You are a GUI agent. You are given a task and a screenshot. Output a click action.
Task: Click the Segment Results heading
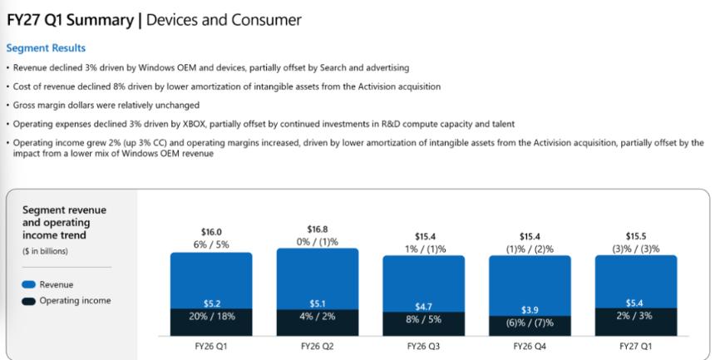pyautogui.click(x=46, y=48)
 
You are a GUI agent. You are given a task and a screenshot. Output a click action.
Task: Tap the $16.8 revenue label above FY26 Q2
pyautogui.click(x=318, y=229)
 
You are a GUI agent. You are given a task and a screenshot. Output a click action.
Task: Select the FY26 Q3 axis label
pyautogui.click(x=423, y=347)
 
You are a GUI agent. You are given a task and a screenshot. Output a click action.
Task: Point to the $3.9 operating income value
pyautogui.click(x=530, y=310)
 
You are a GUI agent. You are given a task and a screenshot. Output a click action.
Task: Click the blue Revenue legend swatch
pyautogui.click(x=28, y=284)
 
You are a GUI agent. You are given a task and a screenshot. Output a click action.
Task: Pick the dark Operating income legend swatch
pyautogui.click(x=28, y=301)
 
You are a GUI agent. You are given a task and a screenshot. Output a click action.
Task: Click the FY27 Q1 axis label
pyautogui.click(x=635, y=347)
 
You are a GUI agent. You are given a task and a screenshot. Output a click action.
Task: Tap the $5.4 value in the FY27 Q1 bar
pyautogui.click(x=634, y=303)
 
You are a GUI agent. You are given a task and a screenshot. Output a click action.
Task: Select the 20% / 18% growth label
pyautogui.click(x=211, y=316)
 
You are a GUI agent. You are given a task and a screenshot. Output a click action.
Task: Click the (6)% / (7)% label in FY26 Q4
pyautogui.click(x=530, y=323)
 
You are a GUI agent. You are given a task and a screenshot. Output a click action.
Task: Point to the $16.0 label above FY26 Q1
pyautogui.click(x=211, y=232)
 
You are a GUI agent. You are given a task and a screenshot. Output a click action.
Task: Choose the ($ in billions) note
pyautogui.click(x=45, y=251)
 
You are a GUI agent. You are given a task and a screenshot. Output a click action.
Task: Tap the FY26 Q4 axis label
pyautogui.click(x=530, y=347)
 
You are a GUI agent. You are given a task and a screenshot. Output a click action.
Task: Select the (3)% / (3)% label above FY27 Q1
pyautogui.click(x=636, y=249)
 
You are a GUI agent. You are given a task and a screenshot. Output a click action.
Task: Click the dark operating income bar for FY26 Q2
pyautogui.click(x=318, y=323)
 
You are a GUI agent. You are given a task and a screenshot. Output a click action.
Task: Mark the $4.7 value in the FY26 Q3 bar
pyautogui.click(x=423, y=307)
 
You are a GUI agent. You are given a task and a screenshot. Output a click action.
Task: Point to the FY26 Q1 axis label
pyautogui.click(x=210, y=347)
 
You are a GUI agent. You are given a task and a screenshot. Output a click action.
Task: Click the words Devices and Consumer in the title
pyautogui.click(x=224, y=20)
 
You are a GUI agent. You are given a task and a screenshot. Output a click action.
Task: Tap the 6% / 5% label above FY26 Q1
pyautogui.click(x=211, y=244)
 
